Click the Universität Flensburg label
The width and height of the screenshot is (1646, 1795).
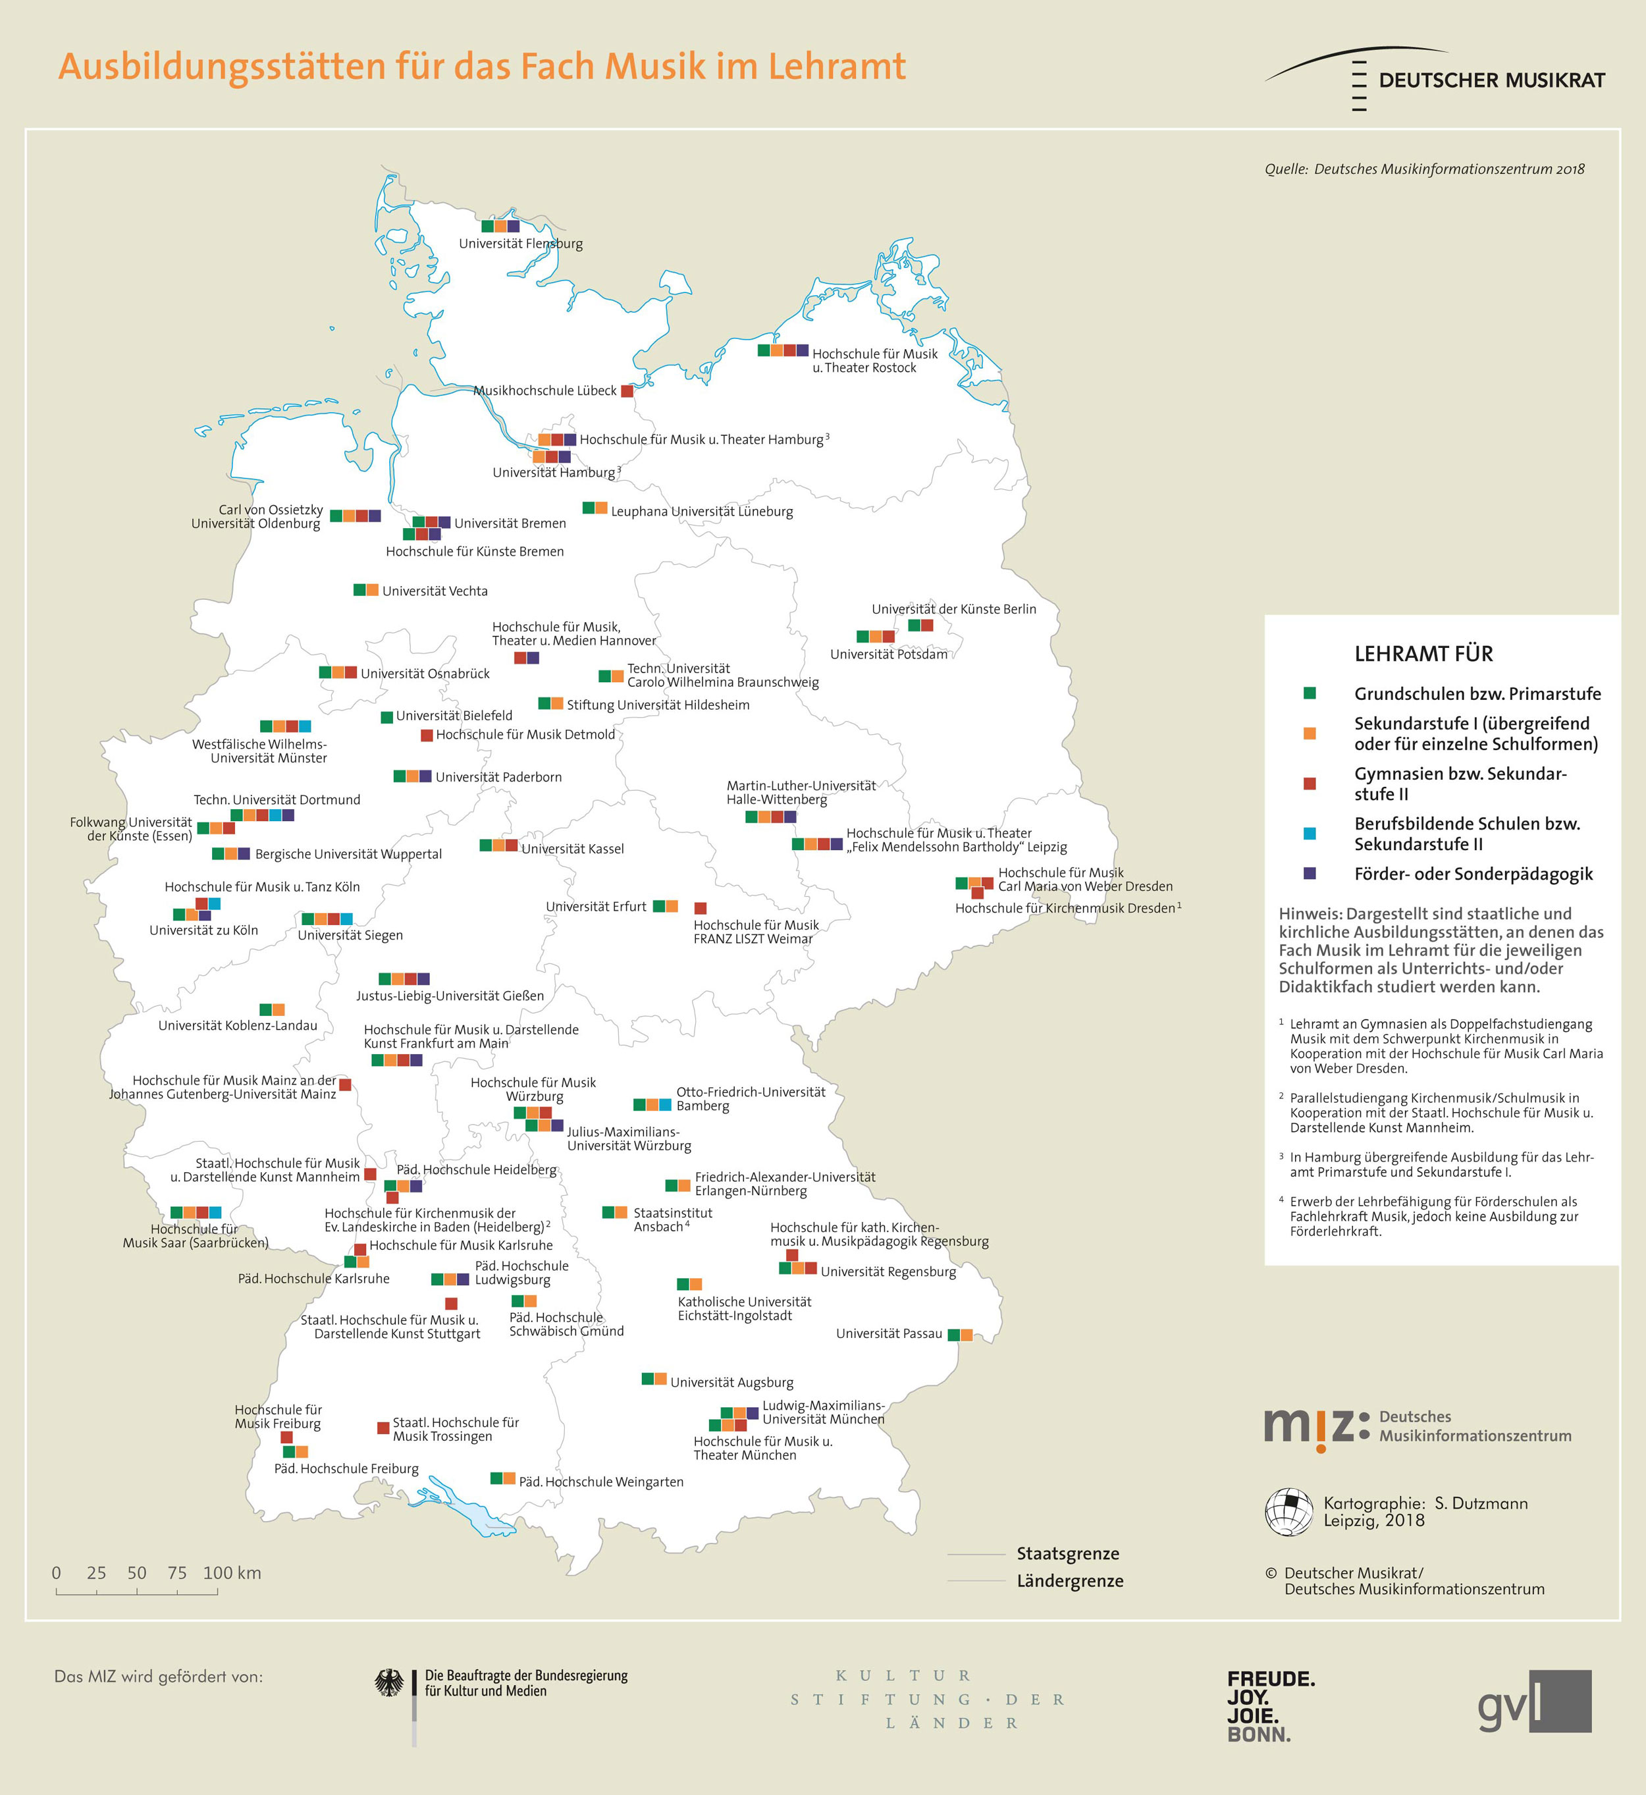click(x=520, y=243)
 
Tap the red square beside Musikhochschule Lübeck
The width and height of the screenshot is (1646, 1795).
click(x=627, y=391)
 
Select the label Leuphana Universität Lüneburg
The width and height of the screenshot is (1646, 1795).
click(x=701, y=512)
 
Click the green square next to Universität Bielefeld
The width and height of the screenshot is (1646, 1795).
click(x=386, y=717)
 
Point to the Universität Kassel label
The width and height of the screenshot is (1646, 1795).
click(x=572, y=849)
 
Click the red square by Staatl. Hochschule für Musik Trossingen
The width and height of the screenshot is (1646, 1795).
click(x=383, y=1427)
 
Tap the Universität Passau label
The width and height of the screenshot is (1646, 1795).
click(x=888, y=1333)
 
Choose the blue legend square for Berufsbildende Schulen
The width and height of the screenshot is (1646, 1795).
click(x=1310, y=834)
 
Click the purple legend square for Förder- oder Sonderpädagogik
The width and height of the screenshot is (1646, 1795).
click(x=1310, y=874)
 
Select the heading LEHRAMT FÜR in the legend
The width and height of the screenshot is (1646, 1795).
click(x=1423, y=654)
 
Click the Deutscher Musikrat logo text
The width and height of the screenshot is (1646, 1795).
click(x=1491, y=80)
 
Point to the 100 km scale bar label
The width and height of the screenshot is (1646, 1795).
click(x=232, y=1573)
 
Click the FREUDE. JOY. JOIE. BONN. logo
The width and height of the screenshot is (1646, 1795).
click(x=1270, y=1707)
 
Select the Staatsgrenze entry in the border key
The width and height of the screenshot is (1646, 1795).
click(x=1068, y=1553)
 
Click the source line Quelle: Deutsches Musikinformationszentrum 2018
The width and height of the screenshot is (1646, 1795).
click(x=1423, y=169)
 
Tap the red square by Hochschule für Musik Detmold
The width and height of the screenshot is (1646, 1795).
click(x=427, y=736)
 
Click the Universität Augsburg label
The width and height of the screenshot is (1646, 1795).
click(x=731, y=1383)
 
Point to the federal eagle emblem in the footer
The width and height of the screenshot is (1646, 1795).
click(x=389, y=1683)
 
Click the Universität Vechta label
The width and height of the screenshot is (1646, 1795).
click(x=435, y=591)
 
